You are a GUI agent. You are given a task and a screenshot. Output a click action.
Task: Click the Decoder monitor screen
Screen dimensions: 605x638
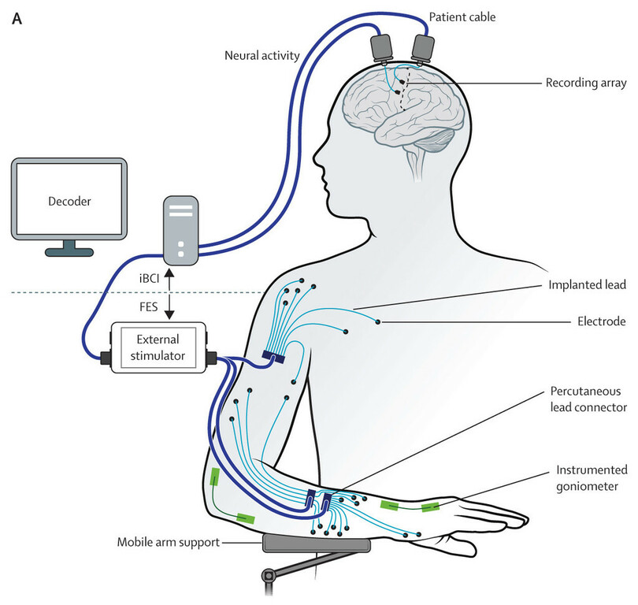pos(69,202)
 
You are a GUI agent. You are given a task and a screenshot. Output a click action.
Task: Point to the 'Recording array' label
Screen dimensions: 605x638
pos(584,83)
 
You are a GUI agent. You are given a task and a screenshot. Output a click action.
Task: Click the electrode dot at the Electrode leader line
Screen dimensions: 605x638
pos(378,321)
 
